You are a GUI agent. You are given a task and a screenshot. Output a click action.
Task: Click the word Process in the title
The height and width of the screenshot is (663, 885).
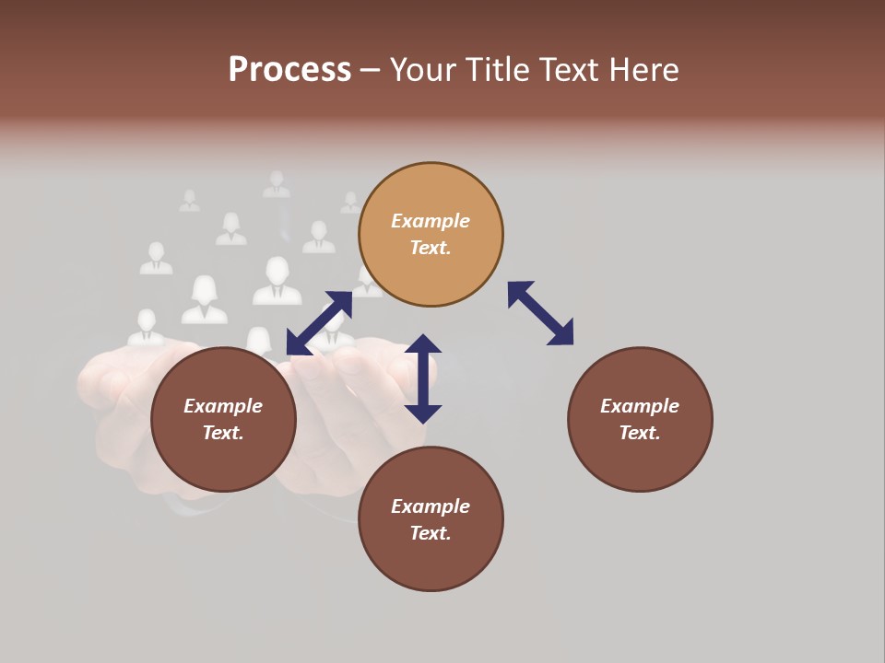289,70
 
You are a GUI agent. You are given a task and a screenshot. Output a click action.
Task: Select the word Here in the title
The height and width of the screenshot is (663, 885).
643,70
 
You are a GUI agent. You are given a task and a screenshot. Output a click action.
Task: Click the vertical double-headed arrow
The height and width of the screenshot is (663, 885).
423,378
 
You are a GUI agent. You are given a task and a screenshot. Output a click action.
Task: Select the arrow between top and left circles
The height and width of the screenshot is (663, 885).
319,323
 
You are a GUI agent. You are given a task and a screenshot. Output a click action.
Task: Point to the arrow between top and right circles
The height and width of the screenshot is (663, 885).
540,314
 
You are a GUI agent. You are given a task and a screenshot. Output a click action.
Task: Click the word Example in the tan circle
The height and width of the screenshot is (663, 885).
431,221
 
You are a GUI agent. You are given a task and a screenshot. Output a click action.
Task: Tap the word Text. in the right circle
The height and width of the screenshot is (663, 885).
640,433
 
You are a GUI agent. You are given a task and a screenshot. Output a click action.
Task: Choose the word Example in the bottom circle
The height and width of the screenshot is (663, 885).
431,506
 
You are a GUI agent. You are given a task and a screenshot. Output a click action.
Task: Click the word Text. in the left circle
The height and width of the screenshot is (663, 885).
223,433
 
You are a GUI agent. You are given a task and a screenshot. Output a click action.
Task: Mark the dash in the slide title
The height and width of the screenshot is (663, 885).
371,70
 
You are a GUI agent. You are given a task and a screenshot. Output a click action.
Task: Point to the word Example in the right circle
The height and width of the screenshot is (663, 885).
640,406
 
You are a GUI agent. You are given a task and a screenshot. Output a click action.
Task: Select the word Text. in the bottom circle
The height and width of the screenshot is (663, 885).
431,533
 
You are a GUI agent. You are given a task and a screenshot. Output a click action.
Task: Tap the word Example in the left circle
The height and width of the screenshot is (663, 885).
223,406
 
